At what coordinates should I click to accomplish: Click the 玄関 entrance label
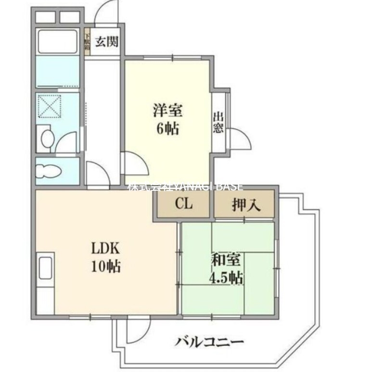pos(105,42)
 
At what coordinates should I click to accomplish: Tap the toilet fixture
pos(50,171)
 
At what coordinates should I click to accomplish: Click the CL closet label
pos(183,204)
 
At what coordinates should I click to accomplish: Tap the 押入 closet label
pos(246,205)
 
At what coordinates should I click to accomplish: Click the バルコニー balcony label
pos(209,343)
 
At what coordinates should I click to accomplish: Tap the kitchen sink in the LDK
pos(45,265)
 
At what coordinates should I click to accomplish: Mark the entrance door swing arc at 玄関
pos(107,12)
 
